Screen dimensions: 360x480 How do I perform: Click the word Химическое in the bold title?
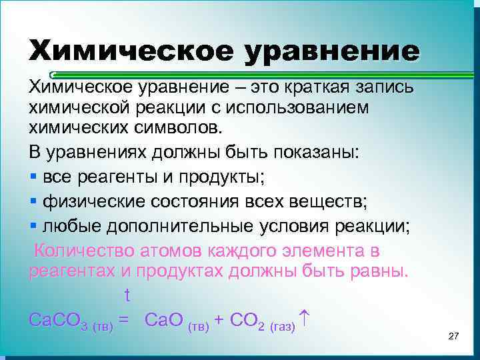coord(130,52)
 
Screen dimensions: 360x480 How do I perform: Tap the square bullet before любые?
coord(33,226)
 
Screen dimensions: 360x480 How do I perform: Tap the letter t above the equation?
coord(127,295)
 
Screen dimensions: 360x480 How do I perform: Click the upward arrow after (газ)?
coord(304,317)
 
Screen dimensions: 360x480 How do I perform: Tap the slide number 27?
coord(453,337)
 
